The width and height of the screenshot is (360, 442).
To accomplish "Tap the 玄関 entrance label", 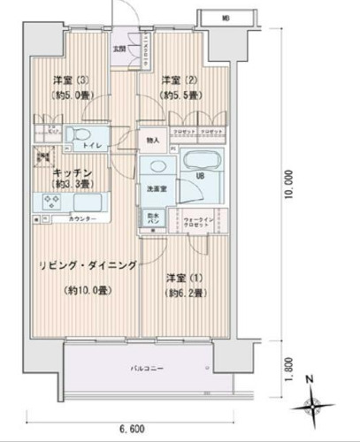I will coord(119,50).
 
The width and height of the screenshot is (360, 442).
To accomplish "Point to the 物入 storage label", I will coord(152,140).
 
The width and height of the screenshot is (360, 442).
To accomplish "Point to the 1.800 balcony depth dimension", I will coord(290,365).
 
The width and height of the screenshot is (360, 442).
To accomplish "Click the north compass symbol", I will coord(314,404).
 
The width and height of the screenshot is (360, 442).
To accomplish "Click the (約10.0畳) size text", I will coord(87,291).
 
